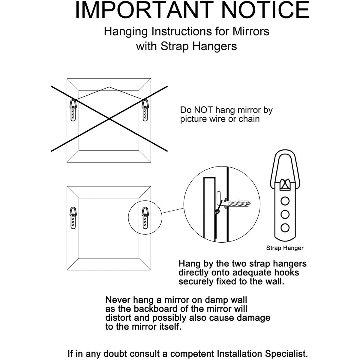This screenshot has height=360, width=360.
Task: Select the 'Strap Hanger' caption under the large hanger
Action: (285, 248)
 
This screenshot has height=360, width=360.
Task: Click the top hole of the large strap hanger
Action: (285, 200)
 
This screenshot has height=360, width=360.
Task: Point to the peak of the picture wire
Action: (109, 87)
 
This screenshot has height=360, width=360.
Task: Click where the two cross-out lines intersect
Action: (109, 119)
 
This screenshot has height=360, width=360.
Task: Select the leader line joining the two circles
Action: (172, 211)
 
